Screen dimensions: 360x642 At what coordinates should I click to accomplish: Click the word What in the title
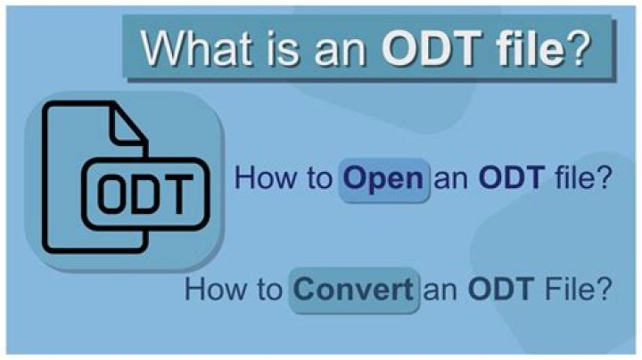(x=191, y=49)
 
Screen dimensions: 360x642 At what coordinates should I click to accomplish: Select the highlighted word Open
(x=383, y=178)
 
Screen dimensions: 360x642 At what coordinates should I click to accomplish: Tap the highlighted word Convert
(x=353, y=290)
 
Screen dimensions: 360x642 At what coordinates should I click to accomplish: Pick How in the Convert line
(x=214, y=290)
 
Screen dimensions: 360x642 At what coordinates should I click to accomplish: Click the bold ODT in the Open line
(x=511, y=178)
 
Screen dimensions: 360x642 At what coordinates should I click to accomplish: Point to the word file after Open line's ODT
(x=580, y=178)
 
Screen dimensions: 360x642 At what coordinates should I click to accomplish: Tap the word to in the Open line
(x=315, y=179)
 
